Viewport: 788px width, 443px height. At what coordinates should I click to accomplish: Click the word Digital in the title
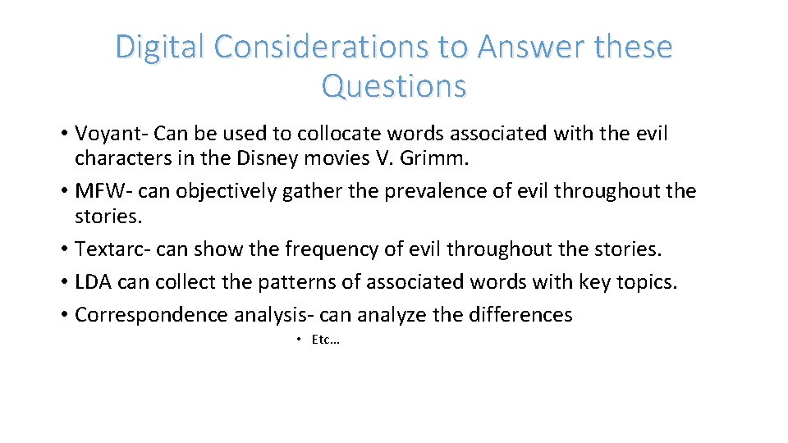(x=160, y=48)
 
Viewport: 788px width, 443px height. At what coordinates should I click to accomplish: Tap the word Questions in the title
(x=394, y=85)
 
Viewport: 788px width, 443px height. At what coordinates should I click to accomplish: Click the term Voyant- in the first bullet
(x=111, y=134)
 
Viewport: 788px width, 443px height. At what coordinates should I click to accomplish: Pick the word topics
(x=648, y=282)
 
